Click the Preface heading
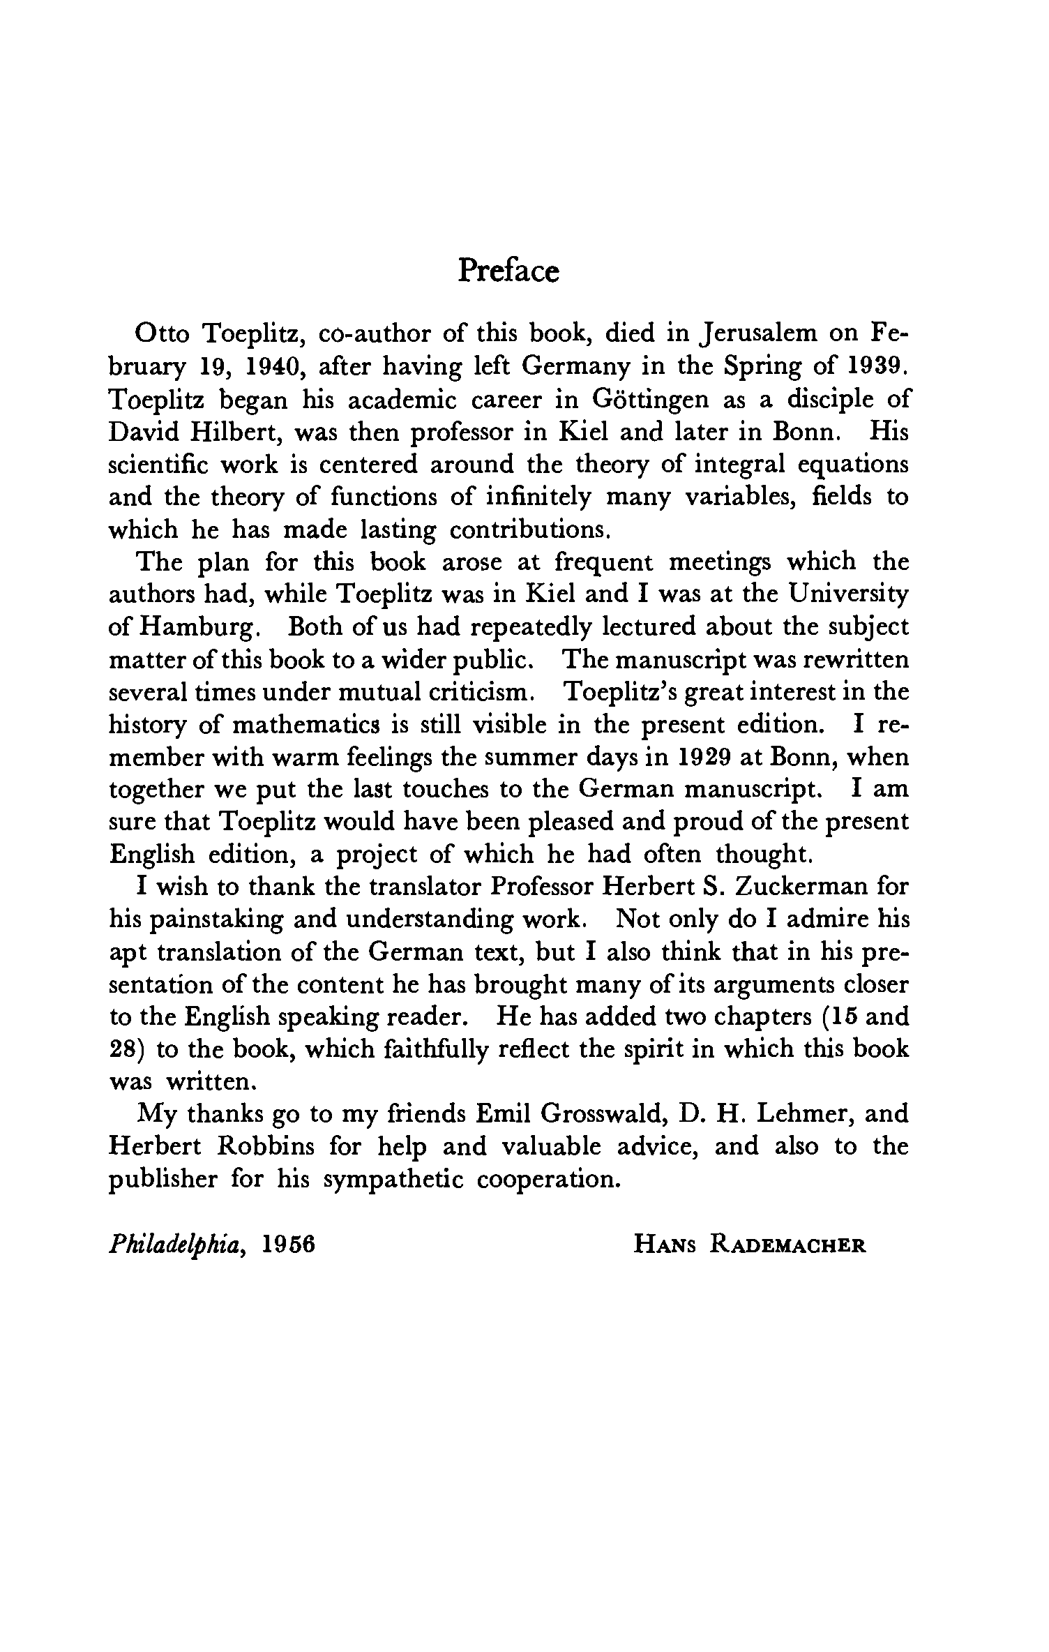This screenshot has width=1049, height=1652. pos(508,271)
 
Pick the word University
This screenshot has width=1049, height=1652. pos(849,594)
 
